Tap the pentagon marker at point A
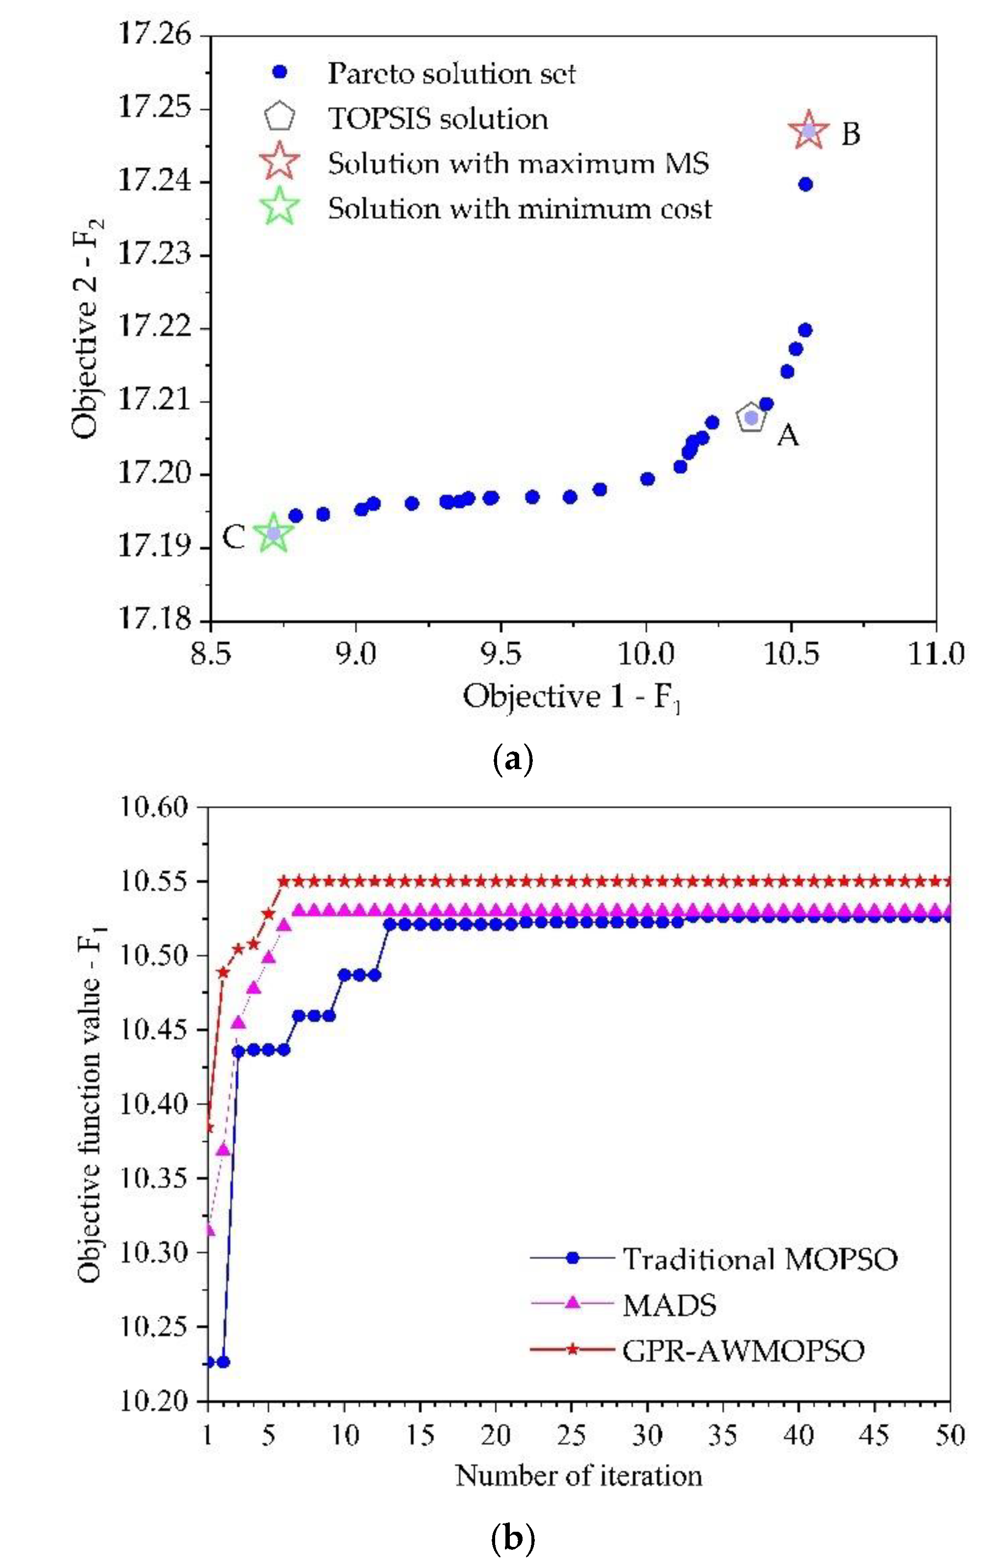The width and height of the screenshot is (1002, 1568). click(751, 417)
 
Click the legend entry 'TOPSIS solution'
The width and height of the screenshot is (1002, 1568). click(437, 119)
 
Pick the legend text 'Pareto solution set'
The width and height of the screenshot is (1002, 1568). click(451, 73)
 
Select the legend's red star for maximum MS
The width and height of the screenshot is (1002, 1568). click(279, 162)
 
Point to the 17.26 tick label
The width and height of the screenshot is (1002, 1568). click(155, 34)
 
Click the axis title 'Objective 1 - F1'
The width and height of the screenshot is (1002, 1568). click(572, 697)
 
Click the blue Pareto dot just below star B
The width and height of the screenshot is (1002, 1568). click(805, 184)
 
